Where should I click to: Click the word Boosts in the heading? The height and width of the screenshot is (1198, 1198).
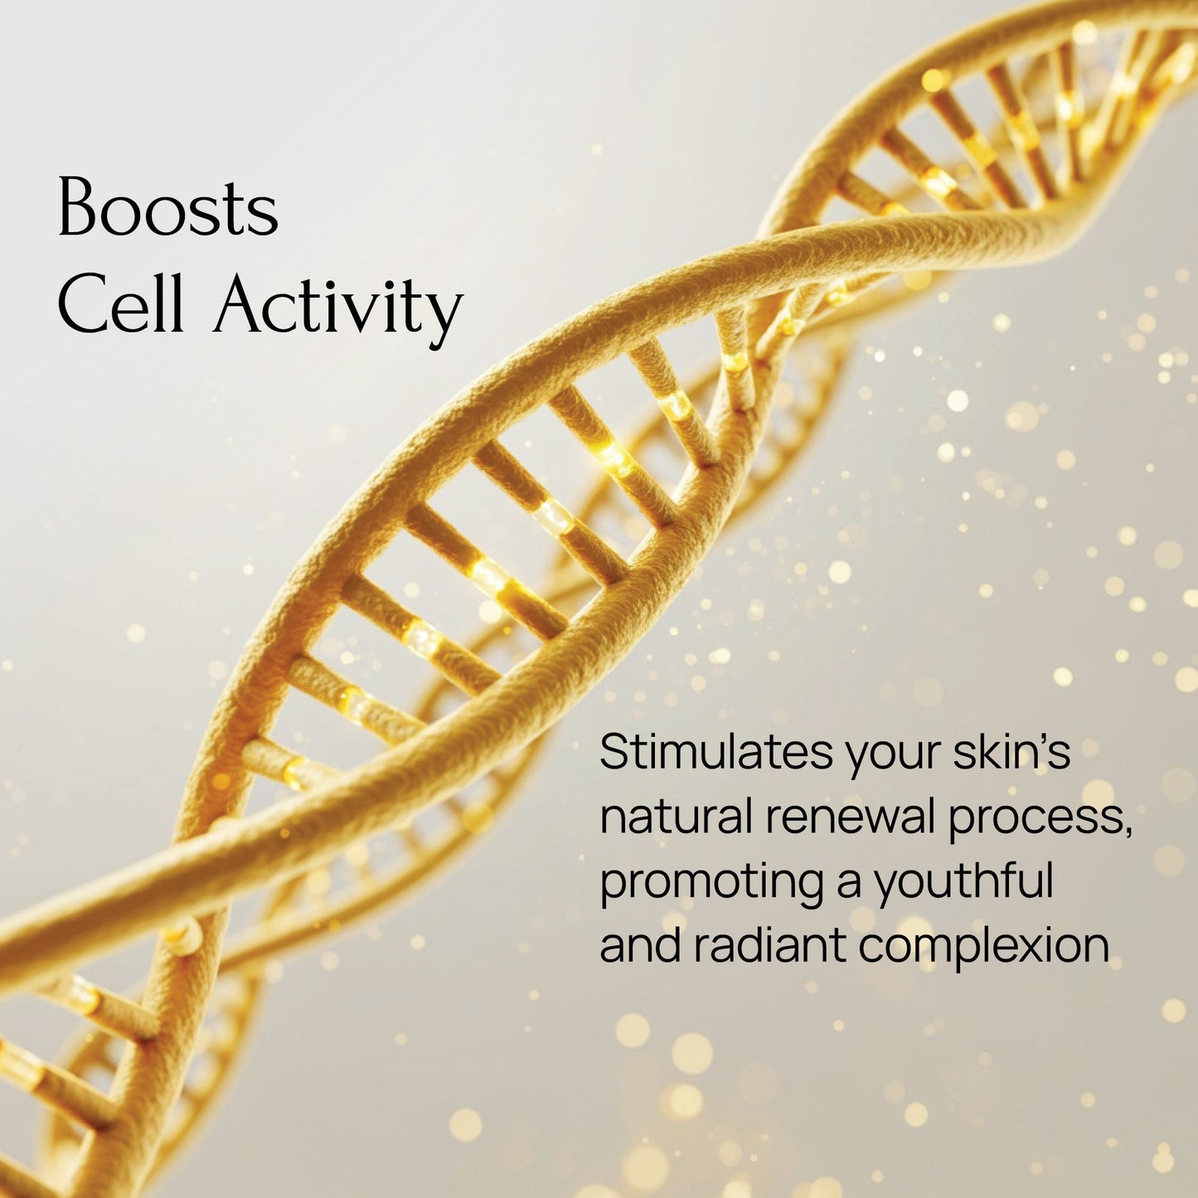tap(167, 207)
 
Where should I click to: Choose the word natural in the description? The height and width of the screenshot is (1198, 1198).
tap(675, 816)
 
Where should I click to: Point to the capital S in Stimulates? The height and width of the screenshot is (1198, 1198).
tap(615, 751)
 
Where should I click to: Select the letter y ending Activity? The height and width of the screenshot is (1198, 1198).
tap(446, 320)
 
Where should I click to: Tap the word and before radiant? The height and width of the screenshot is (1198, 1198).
tap(640, 945)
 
